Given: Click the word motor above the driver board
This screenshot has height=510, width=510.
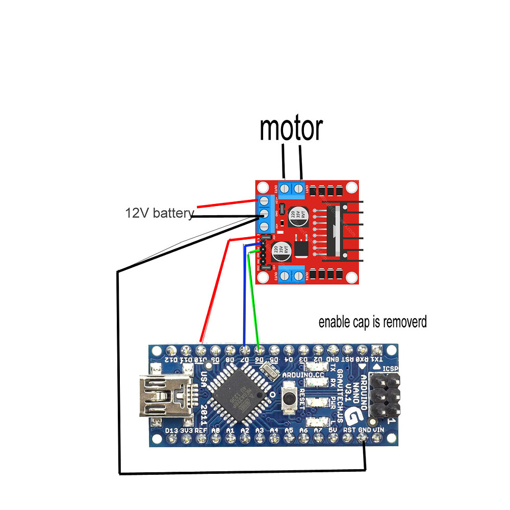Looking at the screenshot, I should tap(291, 129).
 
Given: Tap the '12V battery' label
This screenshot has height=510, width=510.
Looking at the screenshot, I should tap(160, 213).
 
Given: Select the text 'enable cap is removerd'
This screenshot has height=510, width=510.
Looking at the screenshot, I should tap(372, 322).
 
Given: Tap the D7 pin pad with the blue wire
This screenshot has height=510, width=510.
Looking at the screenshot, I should tap(245, 350).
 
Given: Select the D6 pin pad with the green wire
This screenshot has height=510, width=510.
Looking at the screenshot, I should tap(260, 350).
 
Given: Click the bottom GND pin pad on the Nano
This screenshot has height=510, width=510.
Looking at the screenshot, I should tap(364, 440).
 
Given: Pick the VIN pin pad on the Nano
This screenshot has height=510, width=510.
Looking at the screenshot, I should tap(378, 440).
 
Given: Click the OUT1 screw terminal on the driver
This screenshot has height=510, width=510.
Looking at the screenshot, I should tap(299, 189).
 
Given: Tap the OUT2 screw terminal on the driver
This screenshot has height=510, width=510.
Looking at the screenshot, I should tap(285, 189).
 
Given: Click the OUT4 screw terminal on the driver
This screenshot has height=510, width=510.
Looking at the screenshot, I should tap(299, 276).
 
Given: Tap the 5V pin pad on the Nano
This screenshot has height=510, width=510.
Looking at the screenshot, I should tap(334, 440).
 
